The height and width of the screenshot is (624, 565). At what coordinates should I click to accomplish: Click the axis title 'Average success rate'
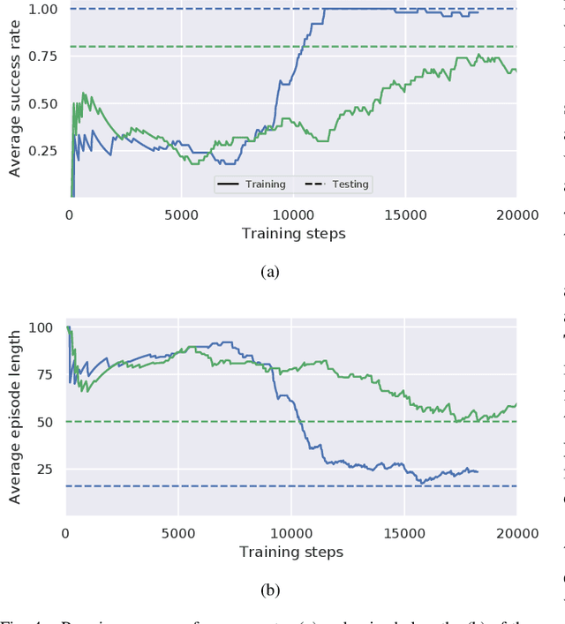tap(14, 101)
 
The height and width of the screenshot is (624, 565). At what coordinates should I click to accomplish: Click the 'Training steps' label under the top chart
tap(293, 234)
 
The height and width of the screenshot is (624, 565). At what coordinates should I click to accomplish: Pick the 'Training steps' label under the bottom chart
tap(291, 552)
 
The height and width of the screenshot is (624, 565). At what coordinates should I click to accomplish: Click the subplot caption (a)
tap(270, 272)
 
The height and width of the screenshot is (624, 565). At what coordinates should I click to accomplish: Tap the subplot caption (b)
tap(270, 589)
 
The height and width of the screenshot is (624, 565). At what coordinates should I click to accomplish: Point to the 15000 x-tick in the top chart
tap(405, 214)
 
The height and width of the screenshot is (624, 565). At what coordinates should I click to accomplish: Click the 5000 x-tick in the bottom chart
tap(178, 532)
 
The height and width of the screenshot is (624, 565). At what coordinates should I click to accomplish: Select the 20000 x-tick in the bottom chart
tap(516, 532)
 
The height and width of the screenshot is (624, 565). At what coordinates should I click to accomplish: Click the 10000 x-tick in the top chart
tap(293, 214)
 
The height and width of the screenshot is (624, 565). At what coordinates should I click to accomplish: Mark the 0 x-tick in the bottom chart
tap(66, 532)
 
